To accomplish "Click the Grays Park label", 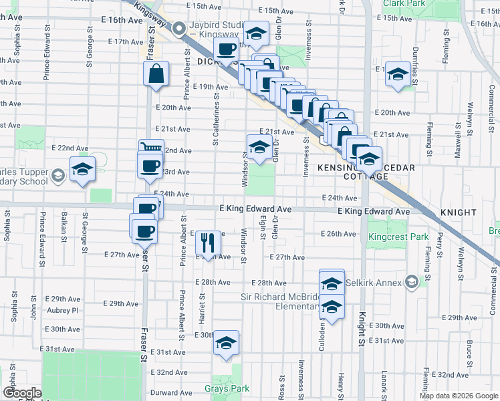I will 227,388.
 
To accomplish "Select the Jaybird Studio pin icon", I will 179,29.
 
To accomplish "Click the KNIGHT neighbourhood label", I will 458,213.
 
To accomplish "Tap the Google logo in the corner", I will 21,393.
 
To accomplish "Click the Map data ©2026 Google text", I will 459,396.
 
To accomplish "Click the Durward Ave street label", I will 172,392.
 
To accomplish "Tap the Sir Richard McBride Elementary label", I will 279,301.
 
